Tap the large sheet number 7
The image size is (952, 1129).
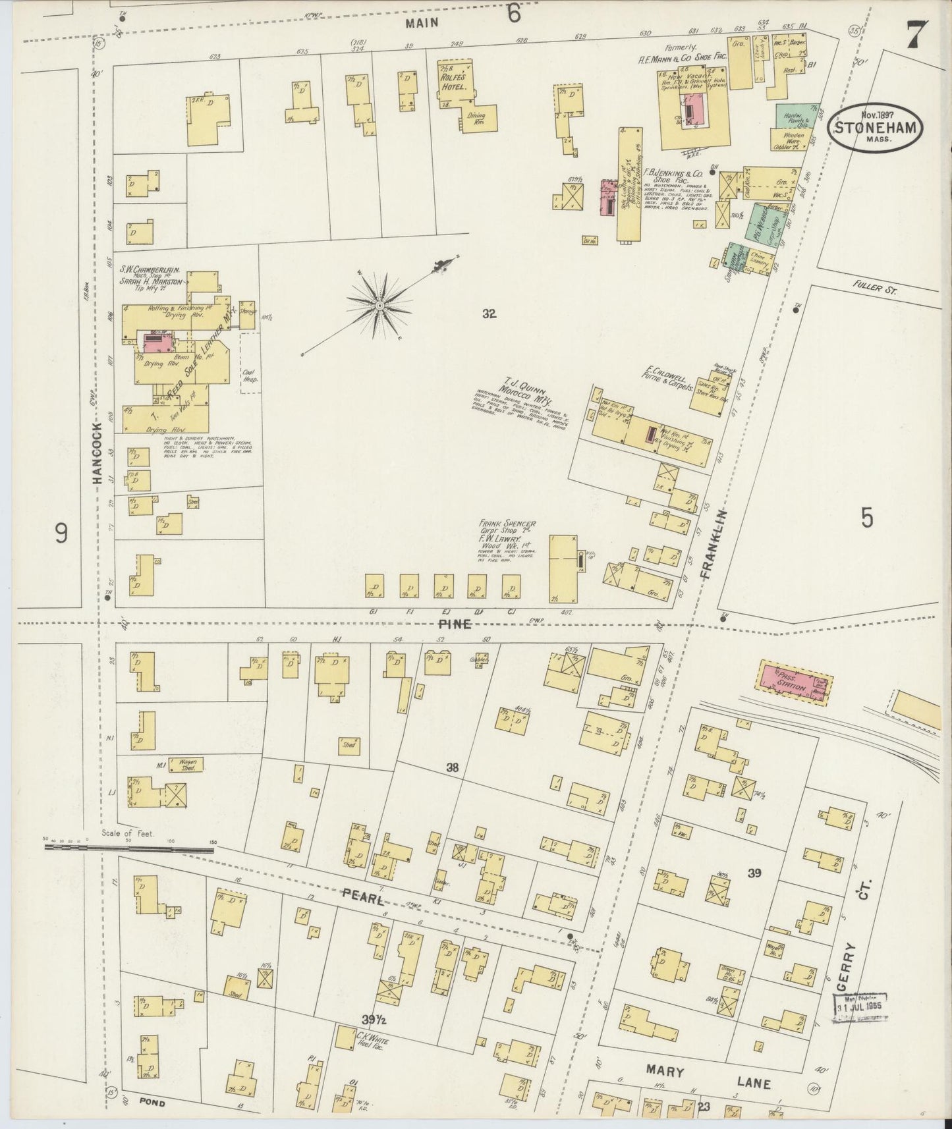coord(916,35)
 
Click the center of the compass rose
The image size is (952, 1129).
coord(380,306)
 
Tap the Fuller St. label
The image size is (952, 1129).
coord(874,289)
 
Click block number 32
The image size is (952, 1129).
coord(488,314)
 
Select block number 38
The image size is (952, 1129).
coord(452,767)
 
